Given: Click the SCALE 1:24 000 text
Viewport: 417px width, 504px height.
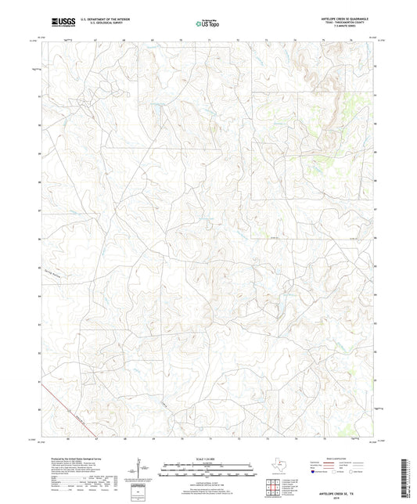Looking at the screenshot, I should pyautogui.click(x=207, y=459).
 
